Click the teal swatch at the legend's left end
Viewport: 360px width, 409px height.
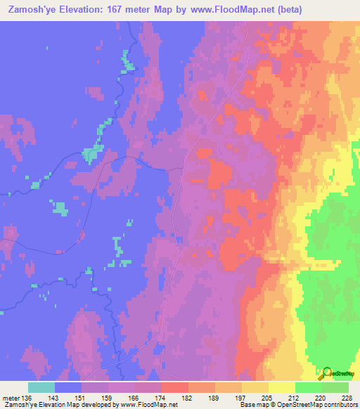(x=41, y=387)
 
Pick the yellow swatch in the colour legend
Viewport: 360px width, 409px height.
(x=282, y=387)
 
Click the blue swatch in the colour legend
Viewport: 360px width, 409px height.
(x=68, y=387)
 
